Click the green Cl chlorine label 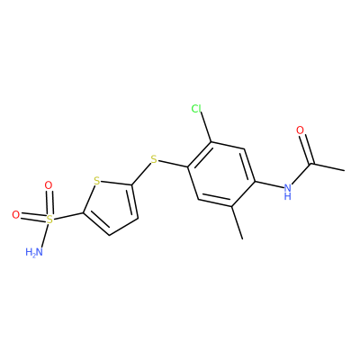tap(196, 109)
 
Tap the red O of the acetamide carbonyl tap(300, 130)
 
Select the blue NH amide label tap(287, 192)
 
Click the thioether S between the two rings tap(154, 159)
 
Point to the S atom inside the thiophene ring tap(96, 181)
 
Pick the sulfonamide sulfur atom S tap(49, 220)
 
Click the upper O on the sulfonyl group tap(48, 185)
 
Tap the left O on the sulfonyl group tap(15, 215)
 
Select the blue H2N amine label tap(33, 252)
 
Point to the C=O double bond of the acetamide tap(307, 149)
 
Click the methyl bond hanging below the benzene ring tap(237, 222)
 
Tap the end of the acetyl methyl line tap(345, 171)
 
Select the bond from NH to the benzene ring tap(269, 185)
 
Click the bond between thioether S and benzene tap(173, 164)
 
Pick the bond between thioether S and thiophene tap(141, 174)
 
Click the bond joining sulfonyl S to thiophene tap(68, 217)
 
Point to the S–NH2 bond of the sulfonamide tap(44, 236)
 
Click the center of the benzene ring tap(221, 174)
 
